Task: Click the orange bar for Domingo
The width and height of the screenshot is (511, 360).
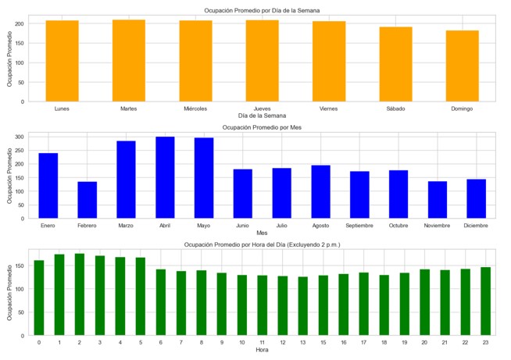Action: tap(462, 66)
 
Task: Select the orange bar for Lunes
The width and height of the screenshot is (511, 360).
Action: tap(62, 61)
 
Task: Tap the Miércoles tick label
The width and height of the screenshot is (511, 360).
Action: tap(195, 109)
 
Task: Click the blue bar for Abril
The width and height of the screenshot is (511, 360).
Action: tap(165, 178)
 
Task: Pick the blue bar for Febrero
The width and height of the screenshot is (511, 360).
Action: tap(87, 200)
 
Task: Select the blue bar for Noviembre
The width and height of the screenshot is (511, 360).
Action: tap(438, 200)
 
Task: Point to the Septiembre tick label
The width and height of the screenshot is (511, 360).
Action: tap(359, 226)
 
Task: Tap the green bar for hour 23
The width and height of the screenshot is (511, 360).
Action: tap(485, 301)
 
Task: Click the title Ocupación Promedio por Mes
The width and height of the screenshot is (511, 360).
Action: tap(262, 127)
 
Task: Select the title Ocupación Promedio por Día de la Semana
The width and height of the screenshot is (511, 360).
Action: tap(262, 9)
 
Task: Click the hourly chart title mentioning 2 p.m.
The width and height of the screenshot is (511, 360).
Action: tap(262, 244)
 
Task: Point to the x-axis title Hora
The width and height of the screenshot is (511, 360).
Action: tap(262, 350)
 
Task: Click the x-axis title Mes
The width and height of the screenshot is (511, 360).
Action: tap(262, 233)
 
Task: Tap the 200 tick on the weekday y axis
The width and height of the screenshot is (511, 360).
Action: tap(20, 23)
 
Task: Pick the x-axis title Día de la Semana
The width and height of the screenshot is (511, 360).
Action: tap(262, 116)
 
